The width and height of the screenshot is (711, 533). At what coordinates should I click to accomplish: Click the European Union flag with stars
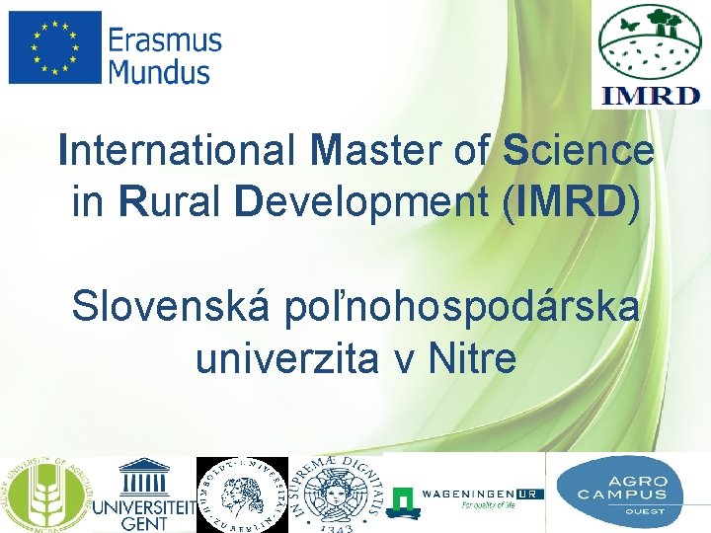click(54, 46)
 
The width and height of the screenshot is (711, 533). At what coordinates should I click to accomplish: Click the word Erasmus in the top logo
click(165, 41)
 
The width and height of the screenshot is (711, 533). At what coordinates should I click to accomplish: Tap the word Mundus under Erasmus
click(159, 72)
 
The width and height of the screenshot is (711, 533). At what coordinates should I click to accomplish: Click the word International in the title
click(176, 151)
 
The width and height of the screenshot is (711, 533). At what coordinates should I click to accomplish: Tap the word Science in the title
click(578, 151)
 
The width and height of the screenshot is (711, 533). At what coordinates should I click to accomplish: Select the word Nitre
click(472, 359)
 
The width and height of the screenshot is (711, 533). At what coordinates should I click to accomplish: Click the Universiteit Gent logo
click(144, 495)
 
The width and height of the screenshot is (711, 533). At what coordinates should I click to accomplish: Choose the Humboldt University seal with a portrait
click(243, 495)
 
